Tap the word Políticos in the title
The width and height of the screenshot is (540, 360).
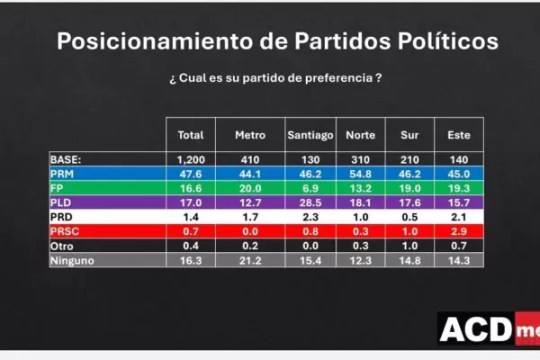[448, 41]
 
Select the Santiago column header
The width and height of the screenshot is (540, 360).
[310, 135]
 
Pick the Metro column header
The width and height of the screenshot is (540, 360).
[250, 135]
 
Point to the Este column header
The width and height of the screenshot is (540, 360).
[459, 135]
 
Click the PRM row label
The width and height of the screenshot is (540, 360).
[62, 174]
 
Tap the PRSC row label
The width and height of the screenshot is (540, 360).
[65, 231]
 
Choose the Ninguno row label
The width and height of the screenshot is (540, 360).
[72, 261]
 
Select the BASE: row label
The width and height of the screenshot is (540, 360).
[66, 159]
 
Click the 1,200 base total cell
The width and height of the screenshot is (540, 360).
[191, 159]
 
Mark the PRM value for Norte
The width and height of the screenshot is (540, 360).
[360, 174]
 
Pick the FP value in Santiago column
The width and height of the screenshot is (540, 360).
[310, 188]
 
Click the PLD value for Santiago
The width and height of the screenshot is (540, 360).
[310, 202]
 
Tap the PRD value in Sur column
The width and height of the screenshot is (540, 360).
[409, 217]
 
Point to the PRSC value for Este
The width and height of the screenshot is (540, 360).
[459, 231]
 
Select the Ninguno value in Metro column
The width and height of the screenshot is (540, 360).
[250, 260]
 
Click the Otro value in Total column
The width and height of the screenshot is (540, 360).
[191, 246]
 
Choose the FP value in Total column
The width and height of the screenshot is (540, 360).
[191, 188]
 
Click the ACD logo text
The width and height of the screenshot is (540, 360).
[476, 329]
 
